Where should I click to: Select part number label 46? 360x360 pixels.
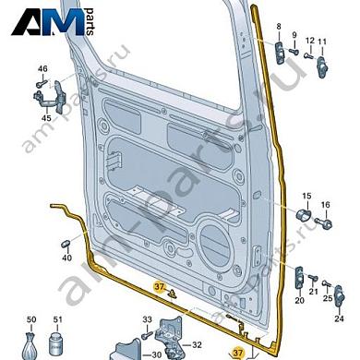tap(42, 68)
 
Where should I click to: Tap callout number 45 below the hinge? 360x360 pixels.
tap(46, 118)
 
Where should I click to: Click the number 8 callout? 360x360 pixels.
tap(279, 27)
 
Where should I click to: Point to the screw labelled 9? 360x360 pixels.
tap(293, 51)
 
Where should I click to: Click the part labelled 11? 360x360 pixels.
tap(322, 66)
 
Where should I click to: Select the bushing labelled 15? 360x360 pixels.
tap(304, 214)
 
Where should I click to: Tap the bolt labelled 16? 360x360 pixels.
tap(323, 222)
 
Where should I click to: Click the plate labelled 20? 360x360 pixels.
tap(299, 278)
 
